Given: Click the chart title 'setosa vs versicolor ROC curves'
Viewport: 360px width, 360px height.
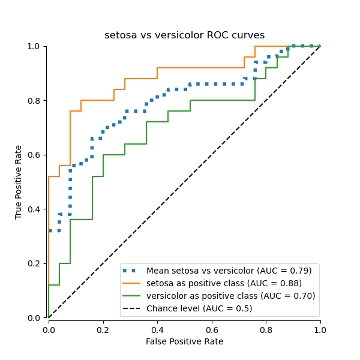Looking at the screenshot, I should (x=184, y=35).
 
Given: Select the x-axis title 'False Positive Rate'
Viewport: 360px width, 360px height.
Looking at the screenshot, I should (x=184, y=341).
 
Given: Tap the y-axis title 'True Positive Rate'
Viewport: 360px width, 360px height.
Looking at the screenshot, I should (x=19, y=182).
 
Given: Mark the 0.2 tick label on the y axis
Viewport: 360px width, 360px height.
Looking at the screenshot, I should (x=35, y=263).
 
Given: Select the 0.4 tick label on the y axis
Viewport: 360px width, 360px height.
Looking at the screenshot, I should (x=35, y=209).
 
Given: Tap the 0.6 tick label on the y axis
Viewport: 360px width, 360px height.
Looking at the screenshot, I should (x=35, y=155).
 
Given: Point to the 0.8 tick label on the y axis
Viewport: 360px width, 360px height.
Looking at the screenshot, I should (x=35, y=101).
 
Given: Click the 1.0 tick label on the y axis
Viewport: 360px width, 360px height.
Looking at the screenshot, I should (x=35, y=46).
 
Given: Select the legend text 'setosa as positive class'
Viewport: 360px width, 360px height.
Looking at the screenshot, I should (x=224, y=283).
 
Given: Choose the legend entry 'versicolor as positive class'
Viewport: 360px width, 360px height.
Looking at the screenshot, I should (x=230, y=296).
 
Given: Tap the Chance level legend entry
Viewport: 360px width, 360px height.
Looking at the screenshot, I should (x=199, y=308).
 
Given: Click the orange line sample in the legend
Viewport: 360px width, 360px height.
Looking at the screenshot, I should (x=133, y=283).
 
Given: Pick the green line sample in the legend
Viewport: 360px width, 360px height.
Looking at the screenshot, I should (x=133, y=296).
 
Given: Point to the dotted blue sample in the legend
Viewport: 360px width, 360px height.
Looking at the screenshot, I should (x=133, y=271).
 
